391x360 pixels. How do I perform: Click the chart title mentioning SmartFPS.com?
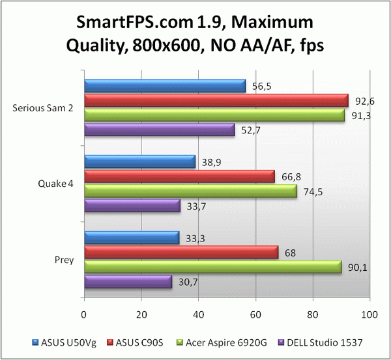point(195,35)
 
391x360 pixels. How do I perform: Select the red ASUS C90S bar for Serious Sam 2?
point(215,101)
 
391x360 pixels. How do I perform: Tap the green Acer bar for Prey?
point(212,267)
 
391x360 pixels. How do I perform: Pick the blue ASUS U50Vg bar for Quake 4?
point(139,161)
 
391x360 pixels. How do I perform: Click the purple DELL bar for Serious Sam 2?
point(158,130)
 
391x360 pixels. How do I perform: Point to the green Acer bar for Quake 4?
point(190,191)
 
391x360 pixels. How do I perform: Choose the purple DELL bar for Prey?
point(127,282)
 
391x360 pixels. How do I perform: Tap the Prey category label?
point(65,260)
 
